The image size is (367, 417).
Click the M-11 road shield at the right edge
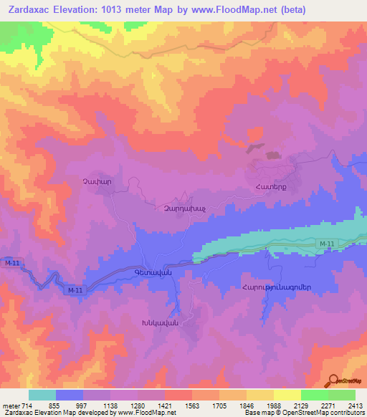327,245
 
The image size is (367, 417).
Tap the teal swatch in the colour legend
42,395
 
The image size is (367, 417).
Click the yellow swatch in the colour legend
287,395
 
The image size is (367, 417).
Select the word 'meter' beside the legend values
12,405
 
